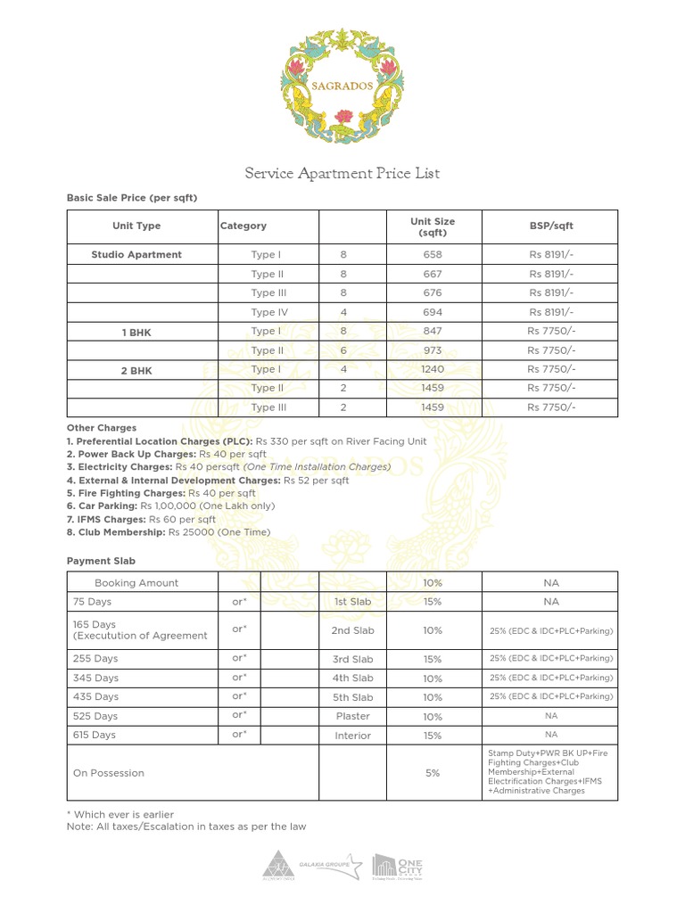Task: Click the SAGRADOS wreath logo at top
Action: click(342, 86)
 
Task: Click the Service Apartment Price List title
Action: click(342, 173)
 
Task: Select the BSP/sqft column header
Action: click(551, 226)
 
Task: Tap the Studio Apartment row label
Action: click(136, 255)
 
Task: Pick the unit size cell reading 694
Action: click(433, 313)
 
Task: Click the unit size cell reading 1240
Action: click(433, 370)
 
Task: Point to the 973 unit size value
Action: click(433, 351)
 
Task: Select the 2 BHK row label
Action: click(136, 370)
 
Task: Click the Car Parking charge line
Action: click(170, 506)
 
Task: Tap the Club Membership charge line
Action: click(169, 532)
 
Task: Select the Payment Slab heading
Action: click(101, 561)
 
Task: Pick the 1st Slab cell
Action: click(353, 602)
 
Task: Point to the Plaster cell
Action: click(353, 716)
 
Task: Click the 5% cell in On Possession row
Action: click(433, 773)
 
